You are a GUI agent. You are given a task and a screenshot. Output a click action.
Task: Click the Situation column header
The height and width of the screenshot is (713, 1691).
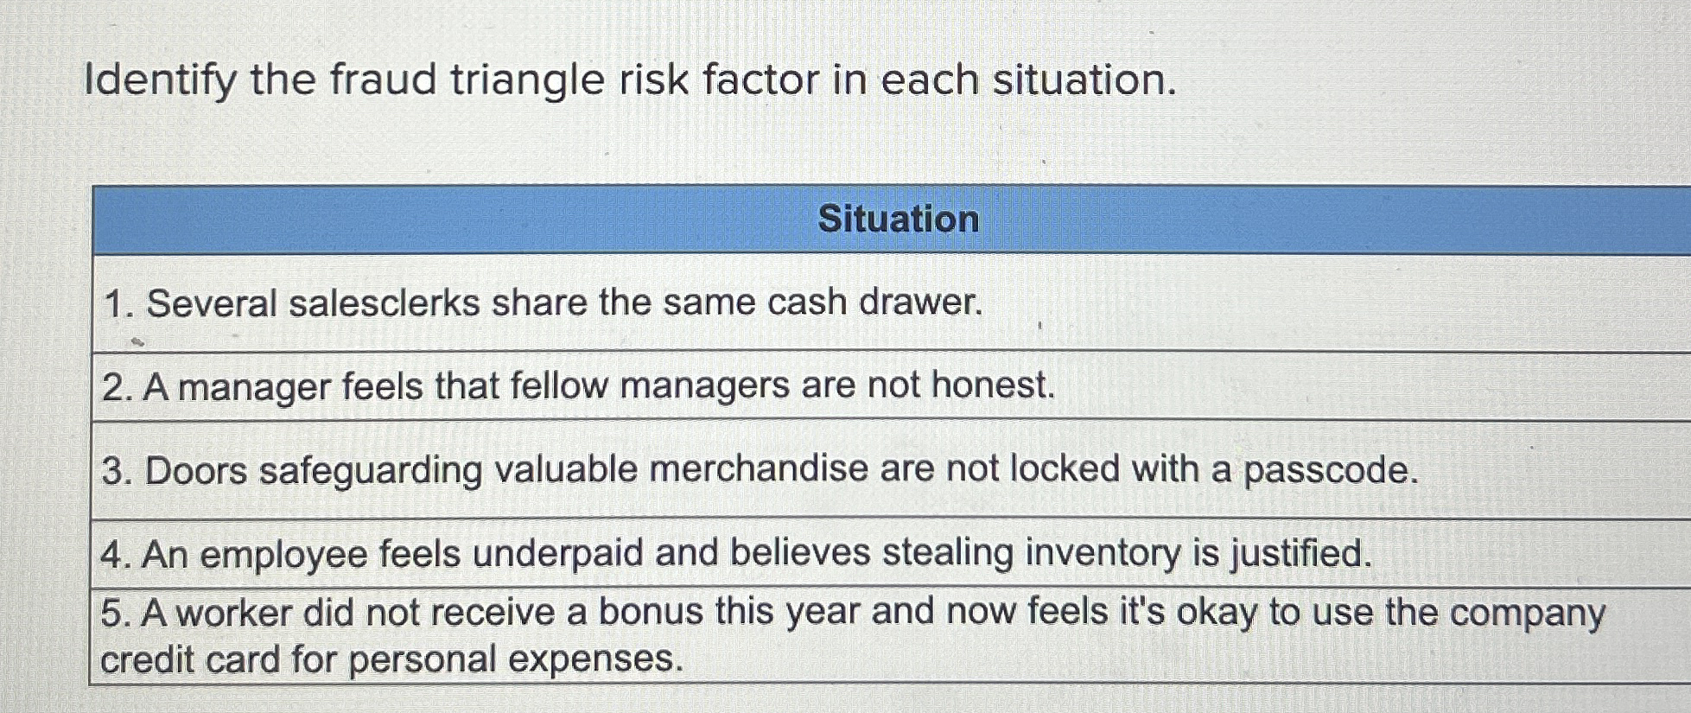pos(898,219)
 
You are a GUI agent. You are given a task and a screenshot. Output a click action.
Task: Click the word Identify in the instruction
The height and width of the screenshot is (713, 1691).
pos(160,80)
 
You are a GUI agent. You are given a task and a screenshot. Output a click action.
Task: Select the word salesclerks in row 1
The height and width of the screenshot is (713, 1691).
pos(384,303)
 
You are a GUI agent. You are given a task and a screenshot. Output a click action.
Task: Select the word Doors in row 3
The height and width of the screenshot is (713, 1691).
pos(196,471)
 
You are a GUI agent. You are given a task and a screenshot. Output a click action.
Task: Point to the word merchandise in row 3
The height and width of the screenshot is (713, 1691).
pos(758,469)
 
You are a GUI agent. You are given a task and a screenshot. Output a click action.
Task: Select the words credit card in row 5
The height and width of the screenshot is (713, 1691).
pos(189,659)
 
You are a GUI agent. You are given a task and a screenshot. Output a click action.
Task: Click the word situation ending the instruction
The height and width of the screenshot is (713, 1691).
pos(1084,80)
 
